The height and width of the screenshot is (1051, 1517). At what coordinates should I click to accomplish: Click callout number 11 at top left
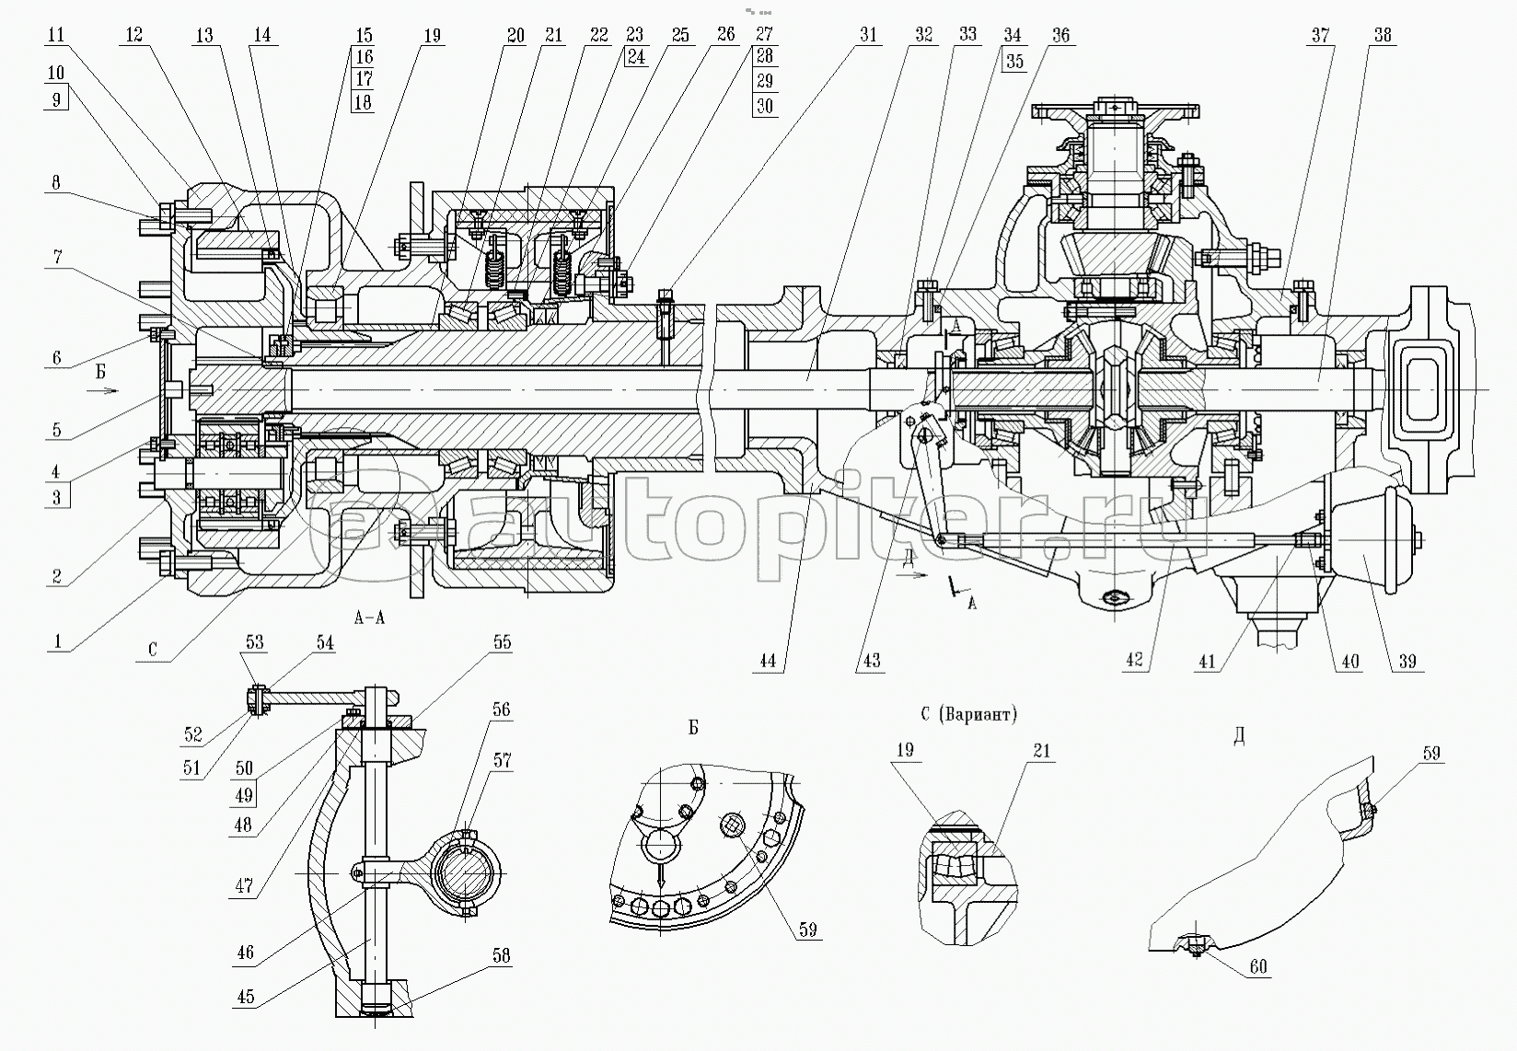(56, 36)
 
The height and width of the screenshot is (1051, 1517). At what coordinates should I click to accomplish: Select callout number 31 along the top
(867, 36)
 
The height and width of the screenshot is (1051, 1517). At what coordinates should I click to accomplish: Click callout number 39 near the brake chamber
(1407, 661)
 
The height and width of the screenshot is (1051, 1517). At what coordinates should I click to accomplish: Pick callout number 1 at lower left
(57, 641)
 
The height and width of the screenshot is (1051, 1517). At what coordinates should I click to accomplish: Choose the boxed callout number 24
(636, 57)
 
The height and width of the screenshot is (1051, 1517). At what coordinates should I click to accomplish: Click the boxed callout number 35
(1013, 62)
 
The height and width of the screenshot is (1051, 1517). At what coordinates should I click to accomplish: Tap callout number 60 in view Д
(1258, 966)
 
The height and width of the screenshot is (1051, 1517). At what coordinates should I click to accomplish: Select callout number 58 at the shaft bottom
(501, 956)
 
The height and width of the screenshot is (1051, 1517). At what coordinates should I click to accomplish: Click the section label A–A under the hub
(368, 618)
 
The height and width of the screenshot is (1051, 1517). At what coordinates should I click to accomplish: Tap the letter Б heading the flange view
(692, 728)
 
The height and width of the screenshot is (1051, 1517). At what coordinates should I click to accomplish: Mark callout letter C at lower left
(153, 649)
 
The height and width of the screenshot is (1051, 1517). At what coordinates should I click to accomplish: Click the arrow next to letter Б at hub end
(108, 390)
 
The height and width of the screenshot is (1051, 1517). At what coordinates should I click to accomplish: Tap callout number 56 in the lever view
(501, 710)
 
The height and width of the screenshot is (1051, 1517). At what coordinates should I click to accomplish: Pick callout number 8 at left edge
(56, 183)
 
